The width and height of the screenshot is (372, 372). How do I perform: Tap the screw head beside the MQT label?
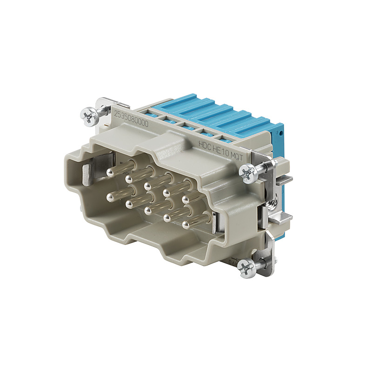tap(247, 174)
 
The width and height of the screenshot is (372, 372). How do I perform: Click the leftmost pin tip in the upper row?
tap(110, 172)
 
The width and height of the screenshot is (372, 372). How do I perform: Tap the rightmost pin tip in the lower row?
tap(186, 225)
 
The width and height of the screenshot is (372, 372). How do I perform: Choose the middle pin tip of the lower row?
tap(148, 210)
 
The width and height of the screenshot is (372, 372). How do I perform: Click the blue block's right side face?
tap(278, 139)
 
